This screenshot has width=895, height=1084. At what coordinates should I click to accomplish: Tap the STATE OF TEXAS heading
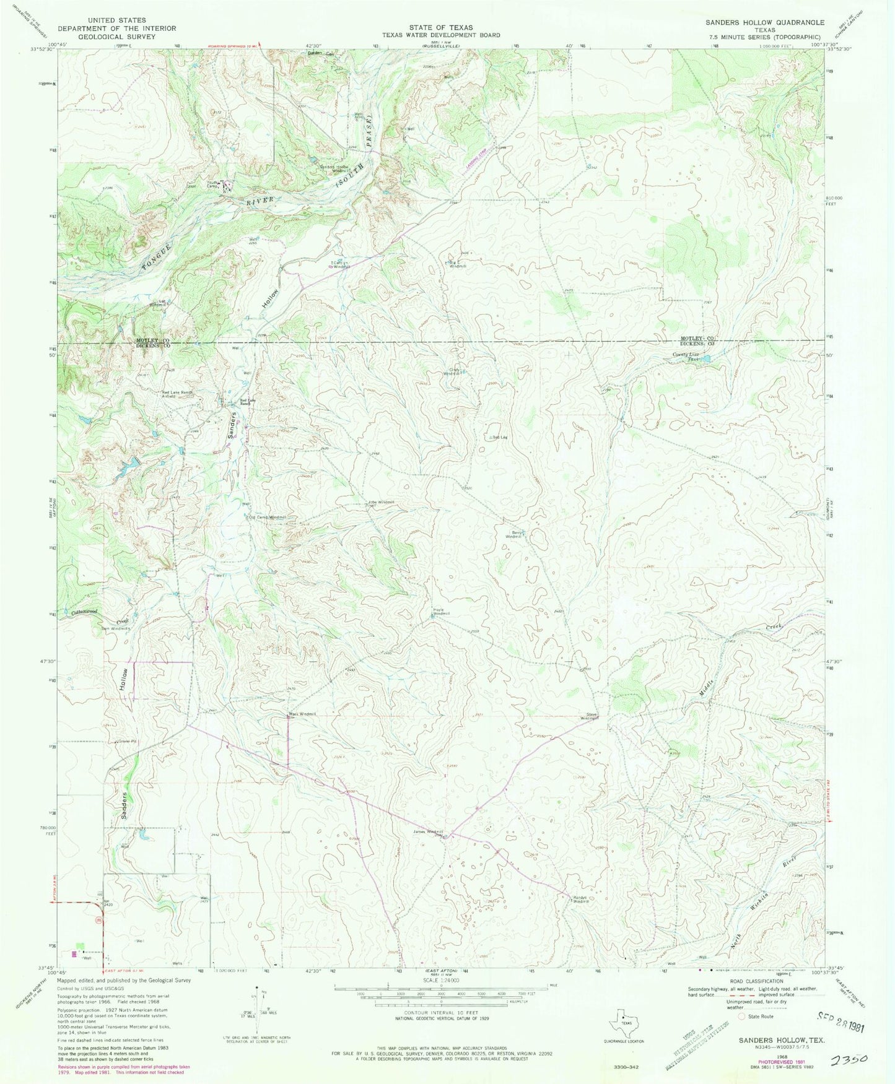click(440, 27)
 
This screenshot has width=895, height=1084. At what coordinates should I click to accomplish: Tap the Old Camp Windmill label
click(266, 517)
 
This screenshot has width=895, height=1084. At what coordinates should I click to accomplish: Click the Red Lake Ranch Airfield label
click(176, 394)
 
